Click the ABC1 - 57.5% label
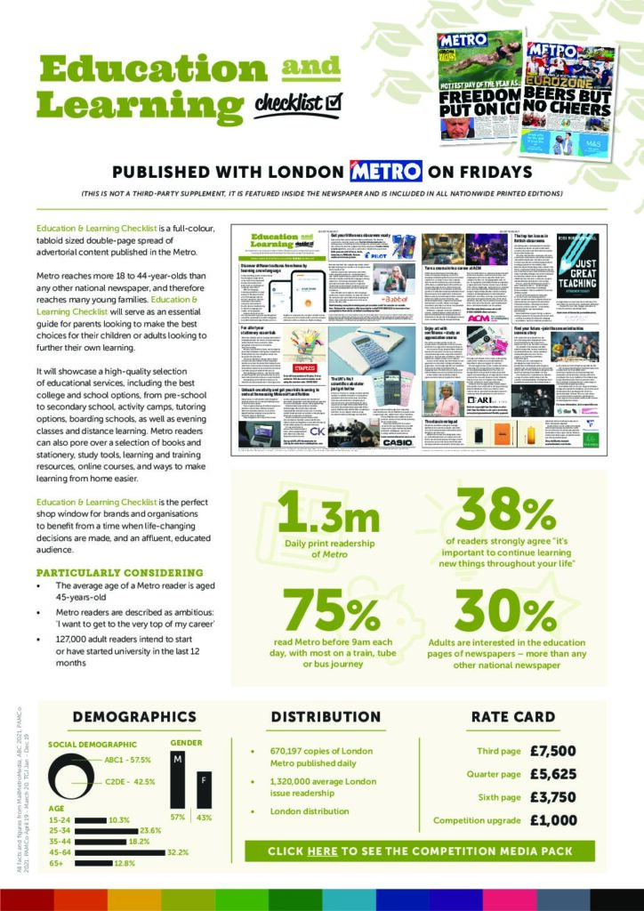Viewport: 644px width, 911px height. [x=128, y=761]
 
